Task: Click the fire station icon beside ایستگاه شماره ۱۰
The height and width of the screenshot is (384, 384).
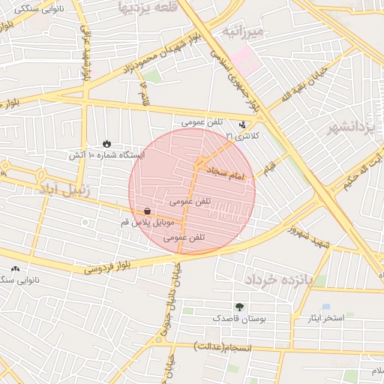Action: point(106,143)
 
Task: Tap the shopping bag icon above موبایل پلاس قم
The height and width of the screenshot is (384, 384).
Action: point(147,211)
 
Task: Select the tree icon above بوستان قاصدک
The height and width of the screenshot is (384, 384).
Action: point(239,307)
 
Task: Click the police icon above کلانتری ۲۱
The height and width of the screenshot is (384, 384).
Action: point(242,125)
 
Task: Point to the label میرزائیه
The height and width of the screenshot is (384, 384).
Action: point(241,31)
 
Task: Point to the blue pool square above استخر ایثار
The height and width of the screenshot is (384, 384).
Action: point(325,307)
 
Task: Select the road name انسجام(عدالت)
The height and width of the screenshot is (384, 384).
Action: point(220,346)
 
